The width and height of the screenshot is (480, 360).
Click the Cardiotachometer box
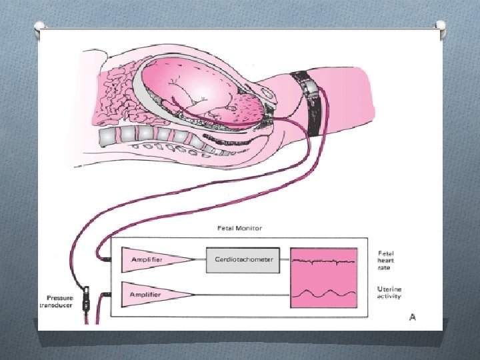244,259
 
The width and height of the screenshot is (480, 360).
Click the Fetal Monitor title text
239,228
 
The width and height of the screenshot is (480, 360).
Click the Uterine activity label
389,293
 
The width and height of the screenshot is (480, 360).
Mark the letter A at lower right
412,317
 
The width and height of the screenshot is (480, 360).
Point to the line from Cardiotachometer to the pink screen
285,259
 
